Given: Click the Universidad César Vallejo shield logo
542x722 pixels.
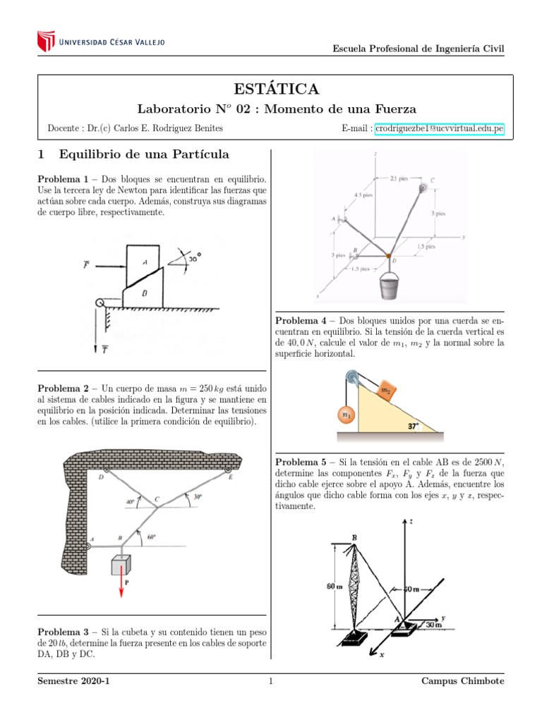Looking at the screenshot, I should (45, 41).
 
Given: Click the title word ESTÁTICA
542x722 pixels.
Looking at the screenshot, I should (275, 89).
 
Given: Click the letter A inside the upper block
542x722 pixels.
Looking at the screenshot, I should (144, 262).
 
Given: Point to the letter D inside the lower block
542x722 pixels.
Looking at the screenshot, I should (144, 292).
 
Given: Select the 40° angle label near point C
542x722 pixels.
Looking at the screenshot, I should (130, 502).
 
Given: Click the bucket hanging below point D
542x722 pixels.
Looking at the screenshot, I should (391, 287).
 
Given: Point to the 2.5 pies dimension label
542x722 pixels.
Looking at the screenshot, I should (399, 178).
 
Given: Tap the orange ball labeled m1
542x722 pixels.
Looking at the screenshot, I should (347, 416).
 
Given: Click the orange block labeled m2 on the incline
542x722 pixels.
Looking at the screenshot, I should (387, 390).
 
